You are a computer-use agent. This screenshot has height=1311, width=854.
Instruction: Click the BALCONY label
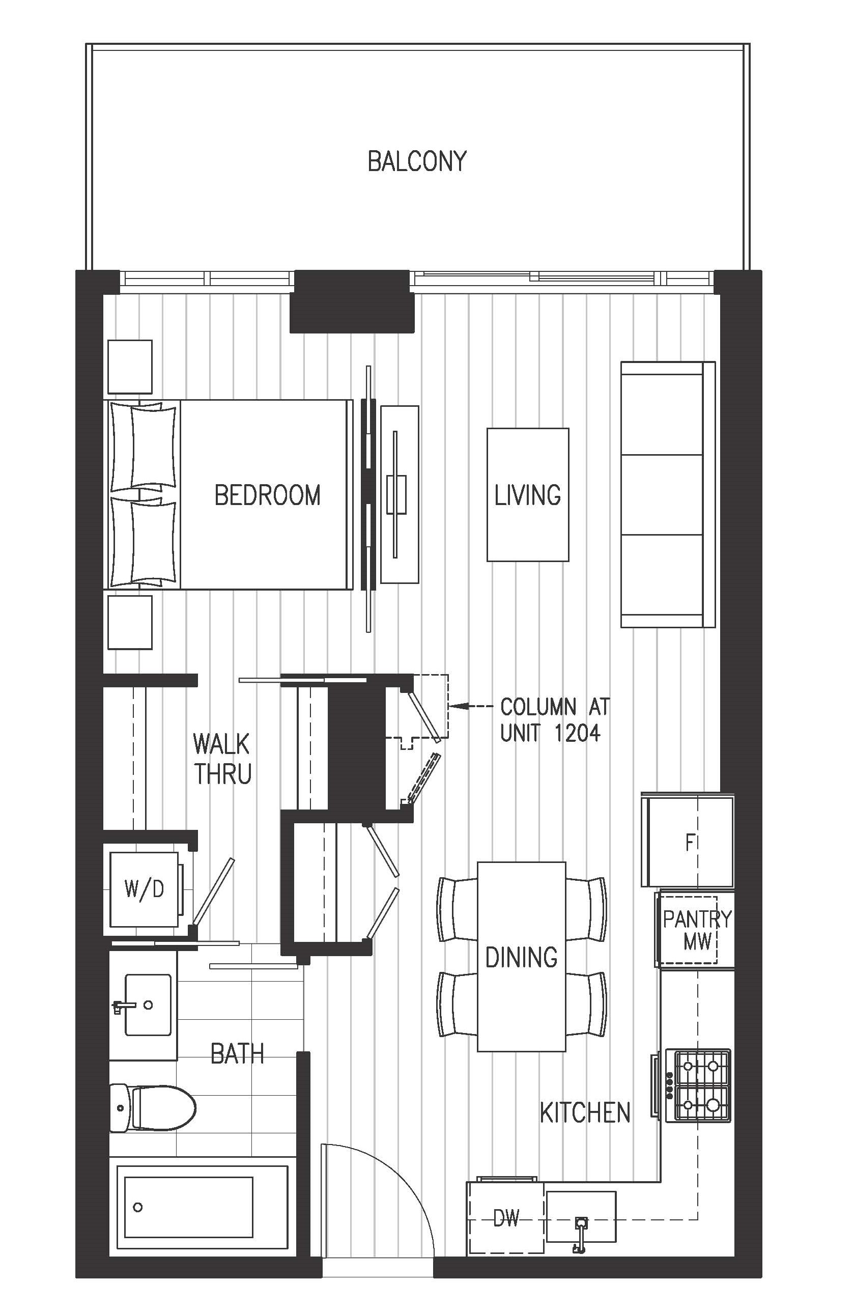(x=417, y=161)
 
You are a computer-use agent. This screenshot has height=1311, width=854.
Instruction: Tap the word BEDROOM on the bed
(x=267, y=495)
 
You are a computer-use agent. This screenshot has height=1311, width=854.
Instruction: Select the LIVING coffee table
(x=527, y=495)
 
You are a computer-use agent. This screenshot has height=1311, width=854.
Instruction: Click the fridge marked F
(x=688, y=840)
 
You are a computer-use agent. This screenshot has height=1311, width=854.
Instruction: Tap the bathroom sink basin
(x=147, y=1005)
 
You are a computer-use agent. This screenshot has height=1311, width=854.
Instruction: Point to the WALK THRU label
(x=222, y=759)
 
